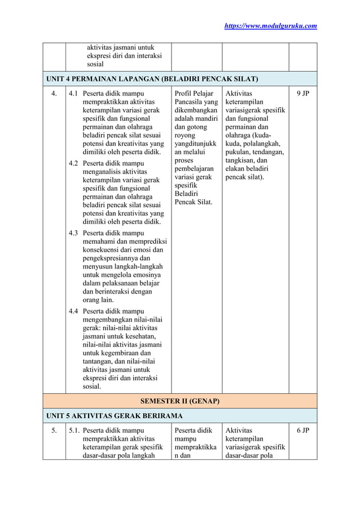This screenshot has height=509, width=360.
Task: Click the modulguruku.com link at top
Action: pyautogui.click(x=271, y=25)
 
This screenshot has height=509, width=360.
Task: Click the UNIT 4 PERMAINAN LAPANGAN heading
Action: pyautogui.click(x=152, y=78)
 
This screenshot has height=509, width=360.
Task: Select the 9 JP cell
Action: pyautogui.click(x=303, y=93)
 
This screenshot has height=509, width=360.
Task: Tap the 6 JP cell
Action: pyautogui.click(x=303, y=431)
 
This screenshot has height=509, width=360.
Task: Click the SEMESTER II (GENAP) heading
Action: pyautogui.click(x=179, y=401)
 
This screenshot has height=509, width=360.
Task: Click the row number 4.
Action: pyautogui.click(x=54, y=93)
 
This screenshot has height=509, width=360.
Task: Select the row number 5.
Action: pyautogui.click(x=54, y=431)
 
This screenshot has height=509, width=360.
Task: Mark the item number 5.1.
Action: pyautogui.click(x=74, y=431)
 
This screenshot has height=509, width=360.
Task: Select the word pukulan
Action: pyautogui.click(x=239, y=152)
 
